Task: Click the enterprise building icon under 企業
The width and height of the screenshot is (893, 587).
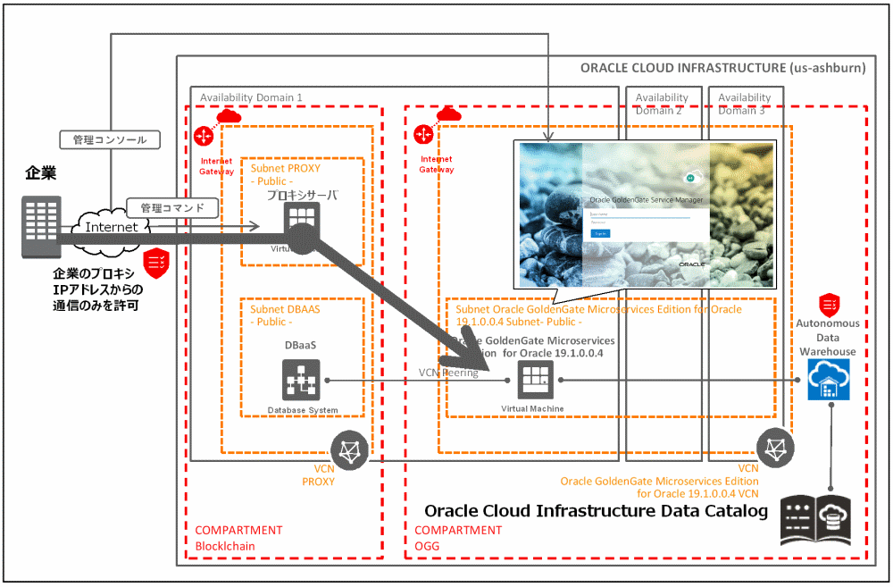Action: click(41, 222)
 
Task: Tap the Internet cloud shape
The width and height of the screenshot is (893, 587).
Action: click(112, 227)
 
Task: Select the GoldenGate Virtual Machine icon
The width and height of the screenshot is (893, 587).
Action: click(533, 382)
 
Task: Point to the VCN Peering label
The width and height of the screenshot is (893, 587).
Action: click(448, 373)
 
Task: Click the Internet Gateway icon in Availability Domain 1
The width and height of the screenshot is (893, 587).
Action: click(204, 136)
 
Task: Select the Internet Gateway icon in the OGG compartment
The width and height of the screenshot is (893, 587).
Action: click(424, 134)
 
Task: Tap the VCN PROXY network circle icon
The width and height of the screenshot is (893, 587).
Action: click(349, 449)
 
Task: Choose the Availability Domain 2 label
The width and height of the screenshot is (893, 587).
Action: click(662, 104)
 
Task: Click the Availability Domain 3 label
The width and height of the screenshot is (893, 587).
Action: click(744, 104)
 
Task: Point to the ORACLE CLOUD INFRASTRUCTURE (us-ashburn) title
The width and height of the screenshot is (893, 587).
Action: click(722, 68)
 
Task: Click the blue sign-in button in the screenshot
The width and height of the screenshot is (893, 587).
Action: click(601, 232)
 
